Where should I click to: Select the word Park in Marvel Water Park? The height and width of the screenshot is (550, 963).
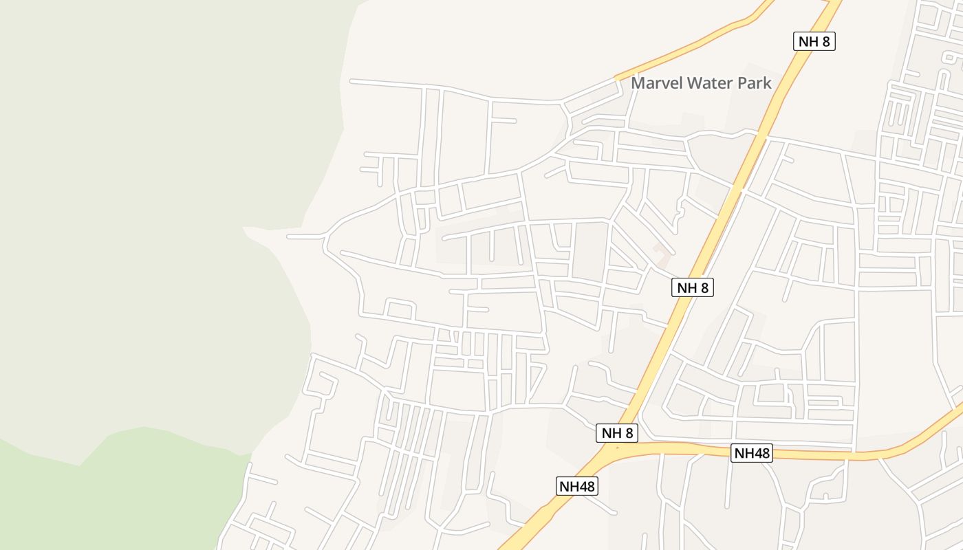(756, 83)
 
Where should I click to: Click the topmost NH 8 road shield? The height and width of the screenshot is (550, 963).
(814, 41)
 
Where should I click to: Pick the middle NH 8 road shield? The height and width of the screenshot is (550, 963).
(692, 287)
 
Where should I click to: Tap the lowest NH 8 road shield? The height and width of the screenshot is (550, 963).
(616, 433)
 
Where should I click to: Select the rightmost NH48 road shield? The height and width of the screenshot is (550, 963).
(751, 453)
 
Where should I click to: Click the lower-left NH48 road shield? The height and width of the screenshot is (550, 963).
(577, 486)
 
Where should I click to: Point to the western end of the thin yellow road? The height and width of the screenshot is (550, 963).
(616, 77)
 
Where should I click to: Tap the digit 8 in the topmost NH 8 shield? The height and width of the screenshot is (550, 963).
(826, 41)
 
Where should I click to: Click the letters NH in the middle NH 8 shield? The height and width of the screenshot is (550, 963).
(686, 287)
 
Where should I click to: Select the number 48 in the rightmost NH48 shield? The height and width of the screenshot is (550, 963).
(760, 453)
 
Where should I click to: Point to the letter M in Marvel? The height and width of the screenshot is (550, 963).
(637, 83)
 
